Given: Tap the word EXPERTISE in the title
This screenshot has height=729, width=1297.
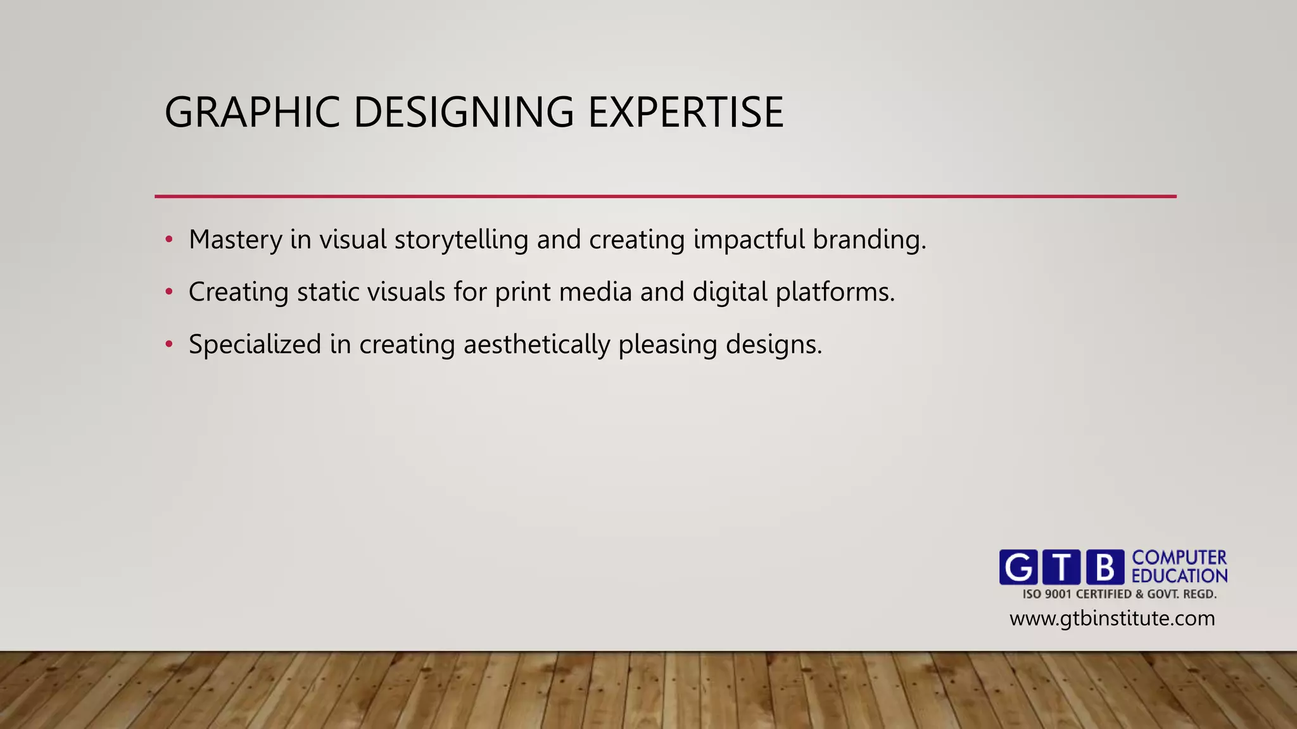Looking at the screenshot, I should pyautogui.click(x=686, y=113).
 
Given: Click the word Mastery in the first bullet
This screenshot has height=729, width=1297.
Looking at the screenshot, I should pyautogui.click(x=236, y=240).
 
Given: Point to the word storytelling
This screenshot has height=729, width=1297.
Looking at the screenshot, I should pyautogui.click(x=461, y=240).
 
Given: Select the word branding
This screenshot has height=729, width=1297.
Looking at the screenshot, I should pyautogui.click(x=869, y=240).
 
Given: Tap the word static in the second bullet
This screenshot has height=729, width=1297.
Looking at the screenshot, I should pyautogui.click(x=329, y=292).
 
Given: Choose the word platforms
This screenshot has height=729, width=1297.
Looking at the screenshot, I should pyautogui.click(x=835, y=292).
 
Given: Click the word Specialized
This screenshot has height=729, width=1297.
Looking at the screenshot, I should pyautogui.click(x=255, y=345).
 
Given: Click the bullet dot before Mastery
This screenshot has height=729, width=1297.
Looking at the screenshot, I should pyautogui.click(x=168, y=240).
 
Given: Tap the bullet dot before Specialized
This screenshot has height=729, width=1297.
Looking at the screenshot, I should pyautogui.click(x=168, y=345).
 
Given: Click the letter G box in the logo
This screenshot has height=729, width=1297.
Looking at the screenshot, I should pyautogui.click(x=1018, y=567).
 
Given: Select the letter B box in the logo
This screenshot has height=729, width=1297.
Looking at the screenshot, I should pyautogui.click(x=1105, y=567).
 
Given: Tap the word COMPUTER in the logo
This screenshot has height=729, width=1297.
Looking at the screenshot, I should pyautogui.click(x=1179, y=558).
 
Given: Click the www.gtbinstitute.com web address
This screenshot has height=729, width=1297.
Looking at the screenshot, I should pyautogui.click(x=1112, y=618).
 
